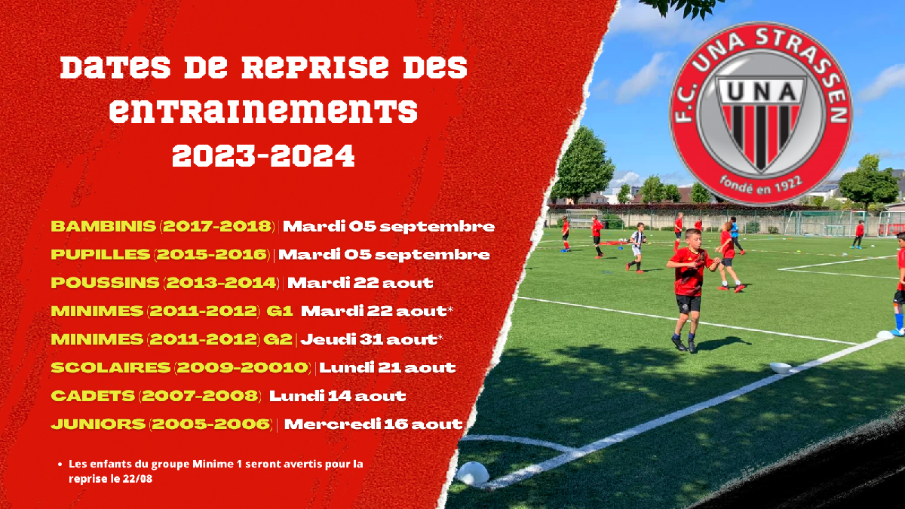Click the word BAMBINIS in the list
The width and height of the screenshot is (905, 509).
tap(103, 226)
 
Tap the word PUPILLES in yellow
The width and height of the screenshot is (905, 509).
tap(100, 255)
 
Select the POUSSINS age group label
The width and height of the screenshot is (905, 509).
tap(105, 283)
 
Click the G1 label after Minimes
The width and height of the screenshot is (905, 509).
tap(280, 311)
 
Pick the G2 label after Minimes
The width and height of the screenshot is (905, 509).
tap(278, 339)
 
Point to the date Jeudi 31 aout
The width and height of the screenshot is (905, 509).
tap(369, 339)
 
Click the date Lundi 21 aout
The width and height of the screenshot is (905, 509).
tap(388, 368)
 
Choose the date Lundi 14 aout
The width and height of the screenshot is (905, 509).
tap(337, 396)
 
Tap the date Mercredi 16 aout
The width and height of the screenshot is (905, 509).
tap(373, 424)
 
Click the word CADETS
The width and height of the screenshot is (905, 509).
tap(93, 396)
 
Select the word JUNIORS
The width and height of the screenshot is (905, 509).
tap(98, 424)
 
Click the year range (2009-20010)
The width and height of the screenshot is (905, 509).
tap(242, 368)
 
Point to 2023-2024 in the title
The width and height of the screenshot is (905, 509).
tap(263, 155)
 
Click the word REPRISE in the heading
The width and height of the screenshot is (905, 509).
tap(314, 67)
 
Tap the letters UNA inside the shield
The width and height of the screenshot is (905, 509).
tap(762, 92)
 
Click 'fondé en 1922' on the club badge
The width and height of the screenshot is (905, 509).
tap(760, 186)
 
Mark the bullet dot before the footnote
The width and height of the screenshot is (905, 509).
tap(60, 465)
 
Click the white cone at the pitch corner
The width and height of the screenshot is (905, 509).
tap(472, 473)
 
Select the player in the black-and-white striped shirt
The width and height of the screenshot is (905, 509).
tap(637, 247)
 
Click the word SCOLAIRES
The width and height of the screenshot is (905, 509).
tap(111, 368)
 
